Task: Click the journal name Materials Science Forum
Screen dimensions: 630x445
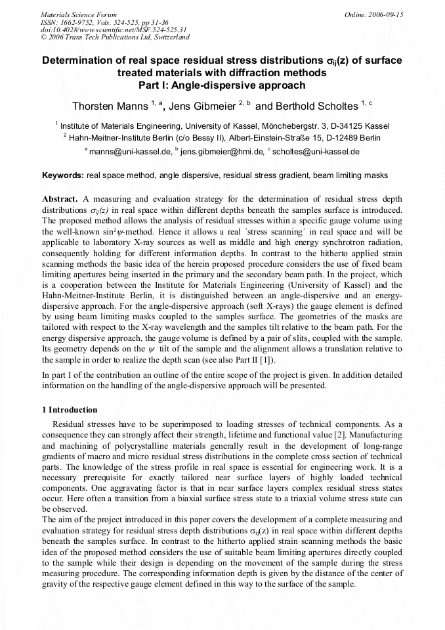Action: [79, 14]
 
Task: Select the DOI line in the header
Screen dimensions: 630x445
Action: [114, 30]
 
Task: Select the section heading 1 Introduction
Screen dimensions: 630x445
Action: [70, 410]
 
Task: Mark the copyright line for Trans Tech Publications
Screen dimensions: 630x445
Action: [115, 37]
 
